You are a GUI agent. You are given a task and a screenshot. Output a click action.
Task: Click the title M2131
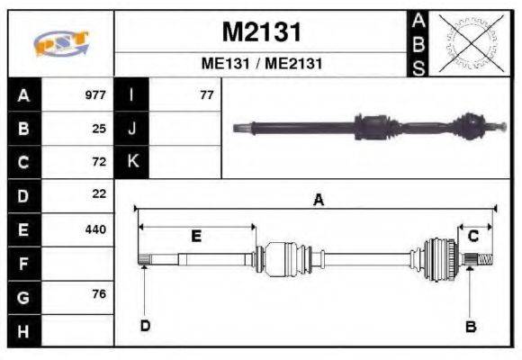[261, 32]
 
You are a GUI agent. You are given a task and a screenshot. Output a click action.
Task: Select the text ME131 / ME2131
[261, 65]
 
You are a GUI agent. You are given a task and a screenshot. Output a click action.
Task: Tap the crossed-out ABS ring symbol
[468, 42]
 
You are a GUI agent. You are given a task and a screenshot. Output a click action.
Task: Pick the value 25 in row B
[99, 129]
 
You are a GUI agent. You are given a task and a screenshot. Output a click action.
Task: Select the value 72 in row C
[99, 162]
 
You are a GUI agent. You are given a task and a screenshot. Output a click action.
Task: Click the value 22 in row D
[99, 194]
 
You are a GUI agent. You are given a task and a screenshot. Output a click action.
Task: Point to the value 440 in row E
[94, 229]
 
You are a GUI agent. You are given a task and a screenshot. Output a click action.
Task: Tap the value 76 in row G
[99, 294]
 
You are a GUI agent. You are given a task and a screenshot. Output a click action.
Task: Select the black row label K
[132, 162]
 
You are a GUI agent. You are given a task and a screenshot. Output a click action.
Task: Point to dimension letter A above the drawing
[317, 201]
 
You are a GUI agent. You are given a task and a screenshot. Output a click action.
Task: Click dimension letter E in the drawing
[196, 236]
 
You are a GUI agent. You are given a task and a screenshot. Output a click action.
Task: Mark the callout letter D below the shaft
[144, 325]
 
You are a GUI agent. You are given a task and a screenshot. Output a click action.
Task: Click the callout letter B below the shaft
[470, 326]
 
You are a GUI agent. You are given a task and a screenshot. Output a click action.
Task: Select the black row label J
[132, 129]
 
